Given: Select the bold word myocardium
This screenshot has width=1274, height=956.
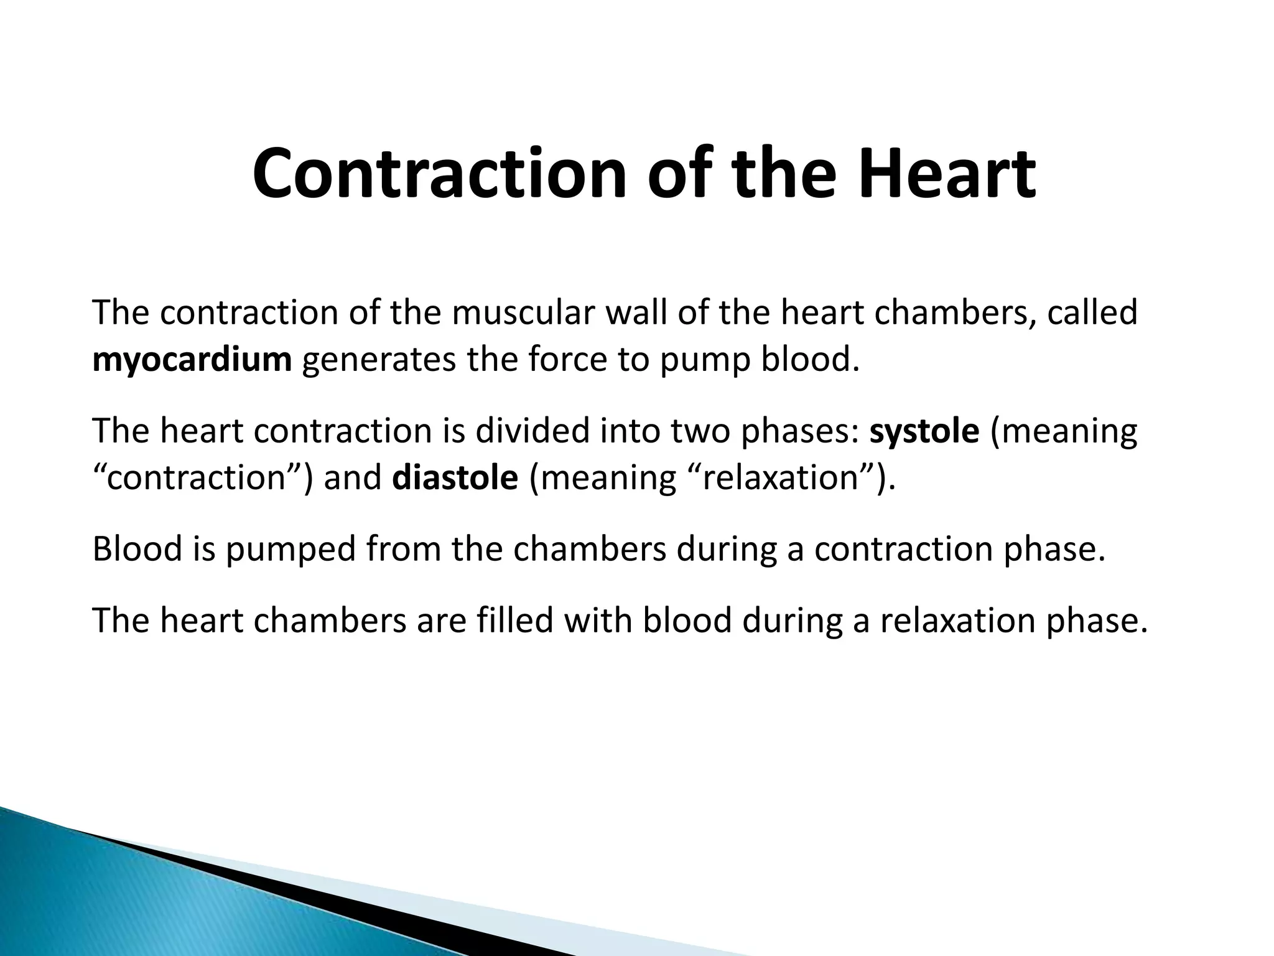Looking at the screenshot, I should pyautogui.click(x=192, y=360).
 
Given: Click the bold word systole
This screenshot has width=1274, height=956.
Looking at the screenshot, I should pyautogui.click(x=924, y=431).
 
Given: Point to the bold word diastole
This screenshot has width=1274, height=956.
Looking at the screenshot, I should pyautogui.click(x=455, y=478).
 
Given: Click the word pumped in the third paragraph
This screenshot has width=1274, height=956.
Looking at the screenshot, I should pyautogui.click(x=290, y=550).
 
